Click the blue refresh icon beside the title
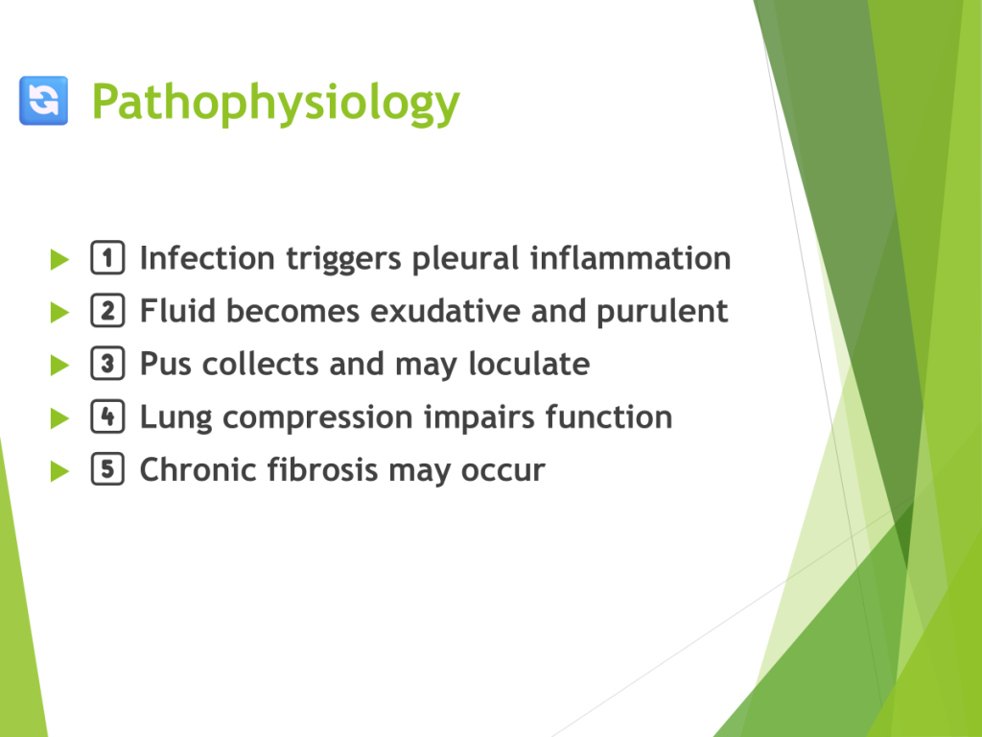point(43,100)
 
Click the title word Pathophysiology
point(275,104)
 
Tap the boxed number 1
point(107,257)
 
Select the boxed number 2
point(107,310)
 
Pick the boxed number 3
point(107,364)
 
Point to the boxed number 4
point(107,416)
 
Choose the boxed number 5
point(107,468)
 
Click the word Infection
point(207,258)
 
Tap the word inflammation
point(631,258)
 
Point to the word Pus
point(165,364)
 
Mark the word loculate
point(529,364)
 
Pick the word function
point(609,416)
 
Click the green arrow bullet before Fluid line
point(59,312)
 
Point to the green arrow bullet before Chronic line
point(59,470)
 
